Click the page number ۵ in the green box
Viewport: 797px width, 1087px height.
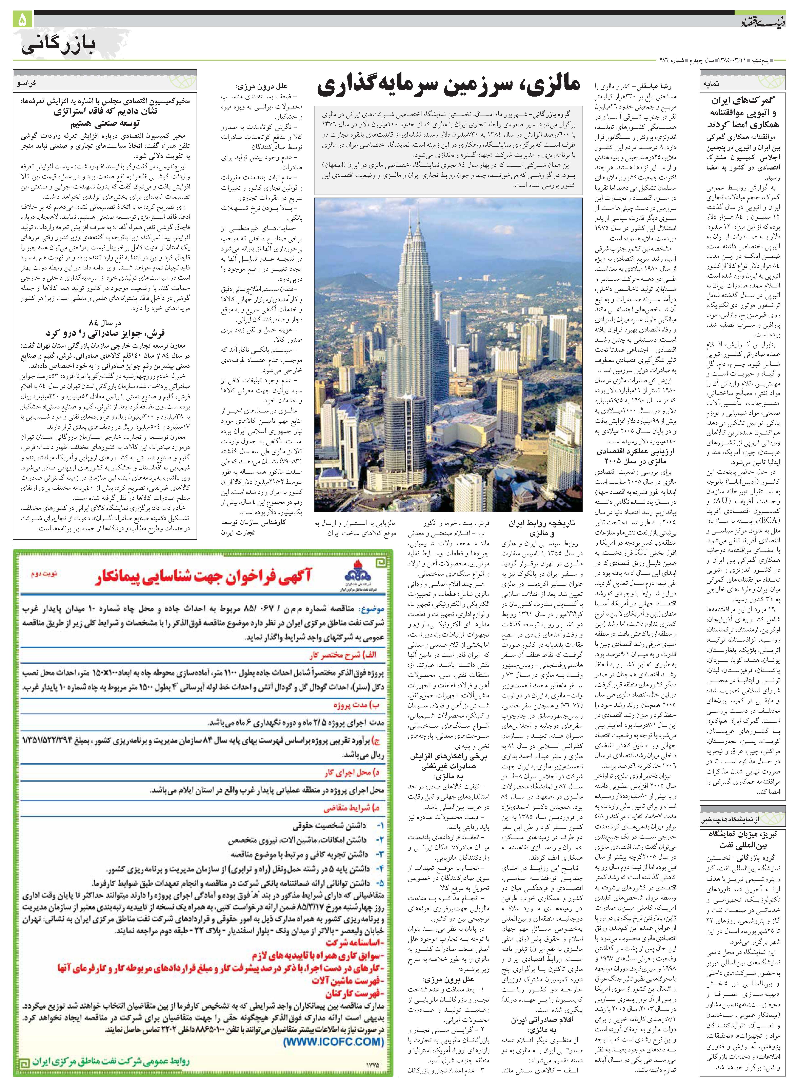[24, 20]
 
